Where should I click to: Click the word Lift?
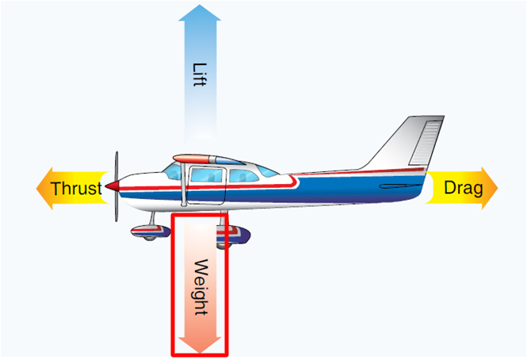[x=199, y=71]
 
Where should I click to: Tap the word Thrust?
[x=76, y=189]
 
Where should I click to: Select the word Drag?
[x=463, y=189]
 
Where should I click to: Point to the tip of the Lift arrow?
[x=200, y=7]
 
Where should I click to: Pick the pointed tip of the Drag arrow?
[x=497, y=189]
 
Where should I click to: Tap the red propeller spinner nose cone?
[x=113, y=186]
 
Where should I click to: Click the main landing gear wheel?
[x=238, y=233]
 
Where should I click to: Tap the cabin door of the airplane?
[x=208, y=186]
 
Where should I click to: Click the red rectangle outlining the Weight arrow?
[x=174, y=285]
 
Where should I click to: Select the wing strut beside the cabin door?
[x=185, y=186]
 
